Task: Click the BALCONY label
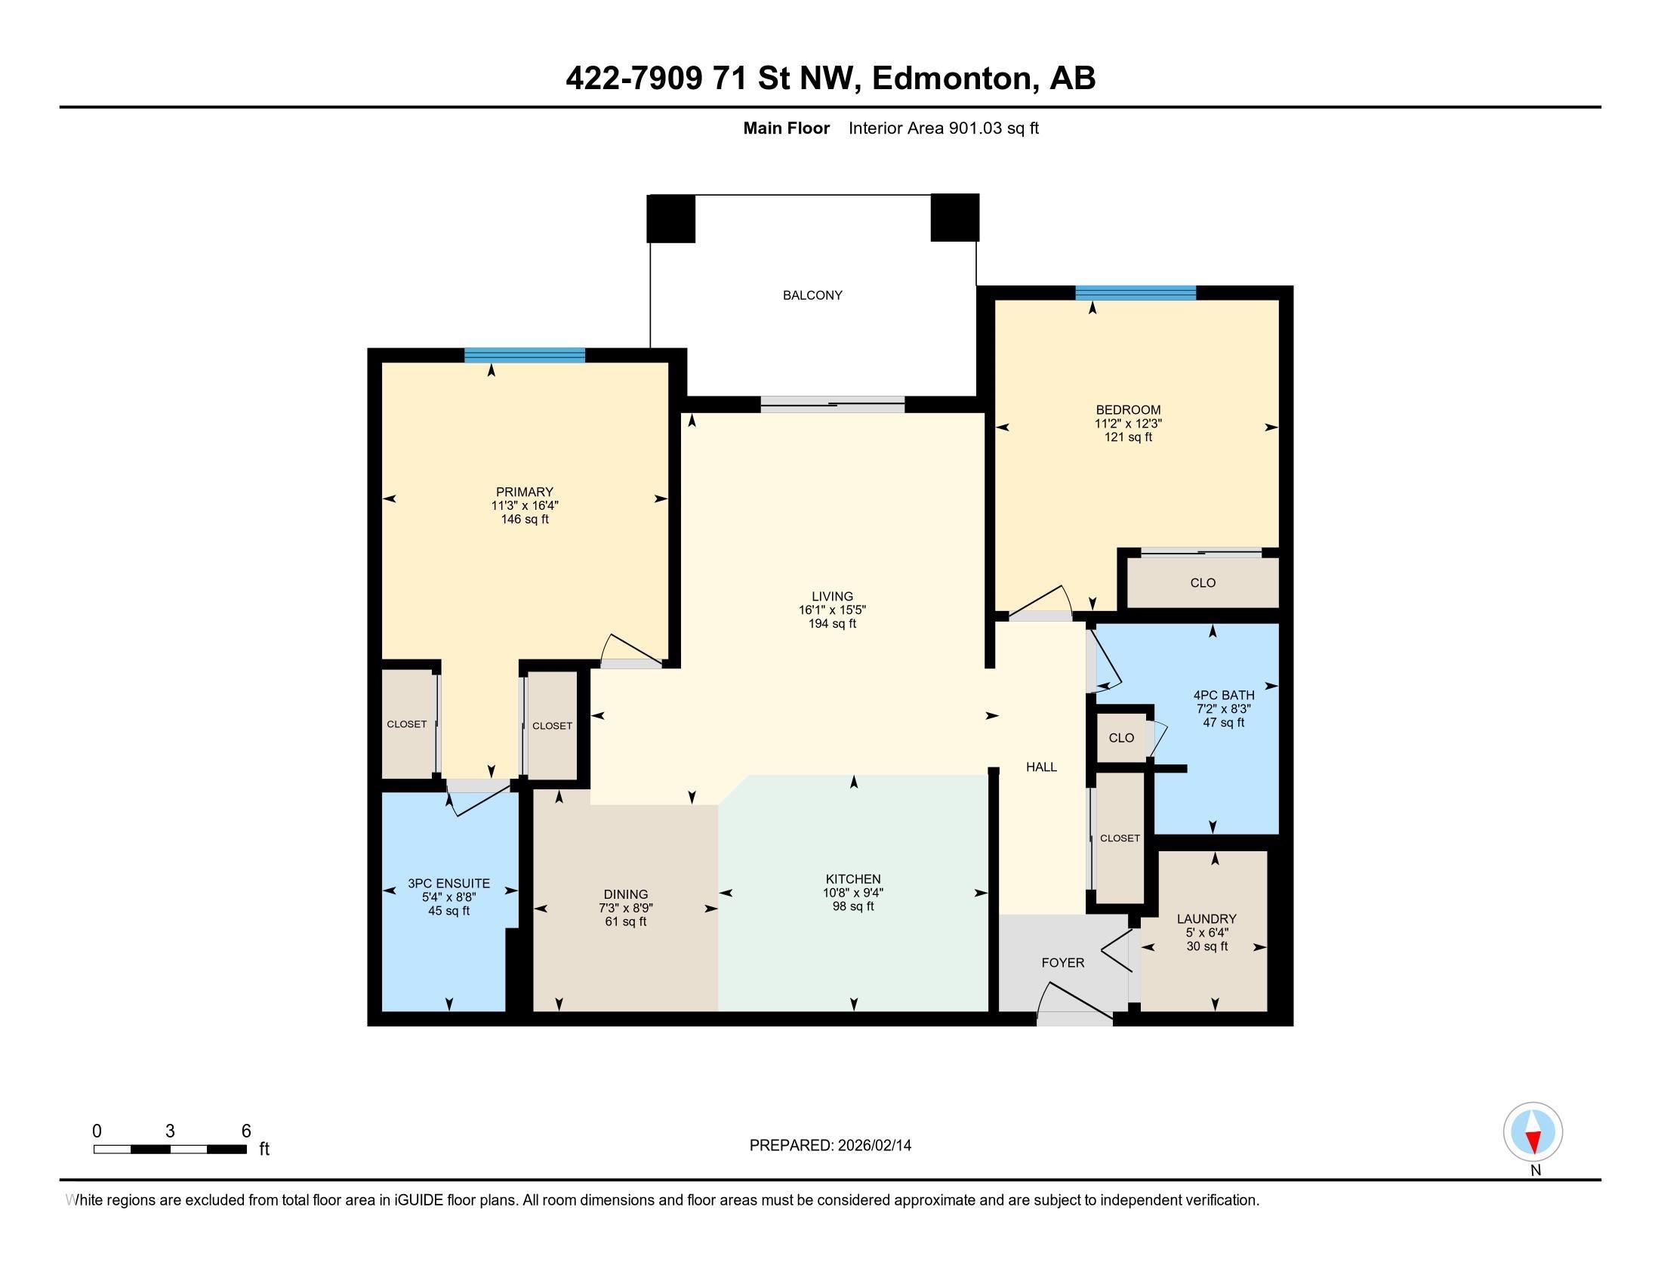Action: (x=812, y=295)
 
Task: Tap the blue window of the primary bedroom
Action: (x=525, y=355)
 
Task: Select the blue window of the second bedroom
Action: (x=1136, y=293)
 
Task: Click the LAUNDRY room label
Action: (x=1207, y=919)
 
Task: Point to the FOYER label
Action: (x=1062, y=963)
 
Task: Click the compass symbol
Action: (x=1533, y=1133)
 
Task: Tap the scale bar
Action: (x=170, y=1150)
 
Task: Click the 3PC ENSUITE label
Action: (x=448, y=884)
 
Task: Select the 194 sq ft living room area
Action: (x=832, y=624)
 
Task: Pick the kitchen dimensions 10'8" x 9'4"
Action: (x=853, y=893)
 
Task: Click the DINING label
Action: (x=626, y=894)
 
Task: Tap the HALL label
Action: (x=1041, y=767)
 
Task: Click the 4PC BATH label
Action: (x=1224, y=695)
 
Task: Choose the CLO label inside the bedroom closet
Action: (x=1203, y=583)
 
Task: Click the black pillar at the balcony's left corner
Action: (x=670, y=219)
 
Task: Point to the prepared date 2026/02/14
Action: (x=873, y=1146)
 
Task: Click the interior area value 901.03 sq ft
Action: (x=994, y=128)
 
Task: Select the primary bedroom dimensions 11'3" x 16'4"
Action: (x=525, y=506)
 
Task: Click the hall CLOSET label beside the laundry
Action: (x=1120, y=838)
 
